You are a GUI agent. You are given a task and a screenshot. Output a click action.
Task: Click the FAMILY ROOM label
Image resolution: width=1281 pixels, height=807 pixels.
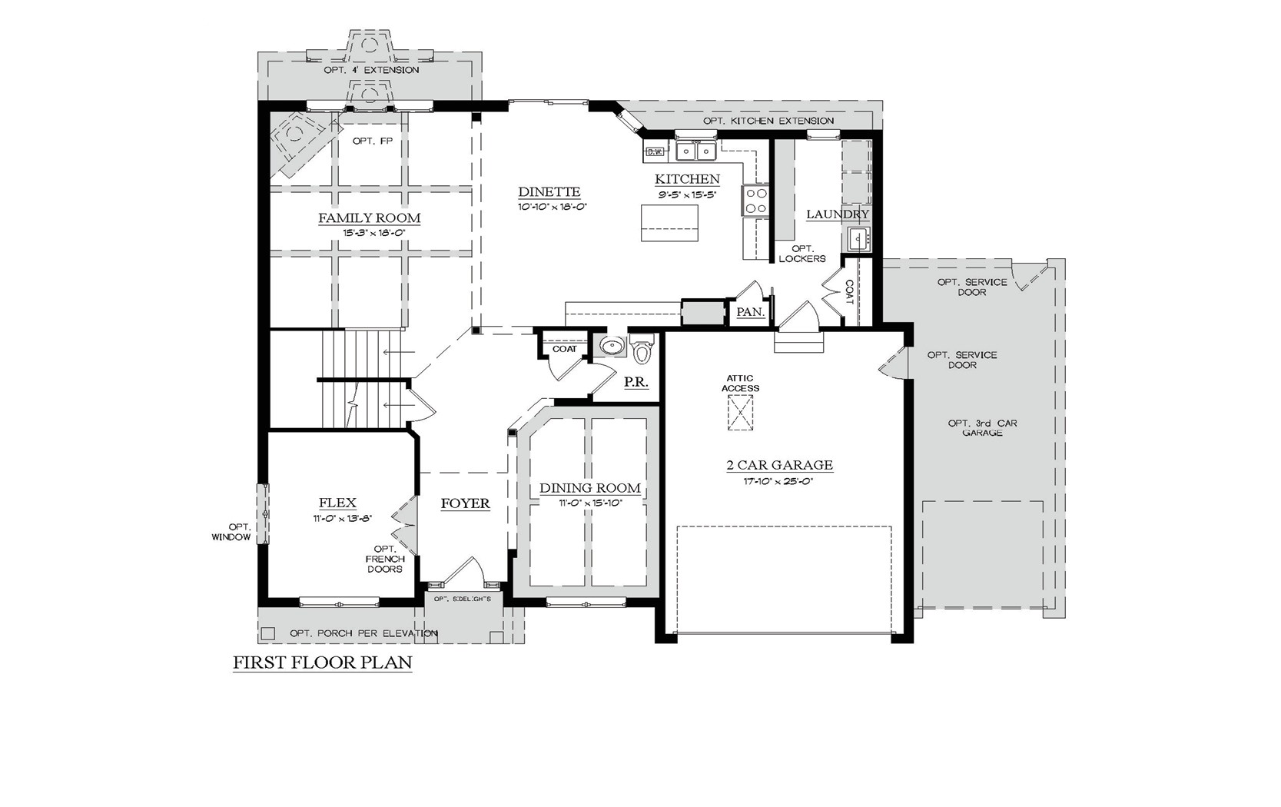[x=370, y=218]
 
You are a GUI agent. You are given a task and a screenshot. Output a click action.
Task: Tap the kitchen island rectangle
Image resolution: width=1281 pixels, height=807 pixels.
[x=669, y=223]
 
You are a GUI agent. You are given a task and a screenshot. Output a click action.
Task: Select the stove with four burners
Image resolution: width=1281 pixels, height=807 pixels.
[x=755, y=201]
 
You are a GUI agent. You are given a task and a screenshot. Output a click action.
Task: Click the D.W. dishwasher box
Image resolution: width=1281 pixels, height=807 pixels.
[x=655, y=152]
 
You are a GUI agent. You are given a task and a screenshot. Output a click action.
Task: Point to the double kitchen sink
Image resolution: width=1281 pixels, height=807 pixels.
[x=696, y=151]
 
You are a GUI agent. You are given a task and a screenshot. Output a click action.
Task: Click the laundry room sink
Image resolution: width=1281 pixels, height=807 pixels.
[x=858, y=239]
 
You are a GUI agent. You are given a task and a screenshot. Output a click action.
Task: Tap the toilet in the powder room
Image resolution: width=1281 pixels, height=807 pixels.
[x=642, y=350]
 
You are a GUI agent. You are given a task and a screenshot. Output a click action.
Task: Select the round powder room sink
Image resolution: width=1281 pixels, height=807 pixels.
[x=612, y=347]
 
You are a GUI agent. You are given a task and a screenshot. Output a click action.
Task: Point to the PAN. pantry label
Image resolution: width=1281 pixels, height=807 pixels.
[x=750, y=312]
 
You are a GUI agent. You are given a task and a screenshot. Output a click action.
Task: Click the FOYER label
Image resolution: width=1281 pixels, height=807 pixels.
[x=465, y=503]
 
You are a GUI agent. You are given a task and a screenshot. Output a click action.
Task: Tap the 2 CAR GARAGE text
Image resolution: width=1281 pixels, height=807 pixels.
[x=779, y=465]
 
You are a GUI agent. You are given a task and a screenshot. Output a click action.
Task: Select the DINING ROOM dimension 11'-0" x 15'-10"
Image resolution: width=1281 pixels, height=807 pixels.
[x=590, y=503]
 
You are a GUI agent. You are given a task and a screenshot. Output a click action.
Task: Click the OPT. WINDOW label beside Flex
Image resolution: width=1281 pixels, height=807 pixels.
[x=231, y=532]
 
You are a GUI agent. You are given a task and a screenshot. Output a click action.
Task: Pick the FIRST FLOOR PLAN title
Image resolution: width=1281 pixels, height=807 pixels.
[x=323, y=663]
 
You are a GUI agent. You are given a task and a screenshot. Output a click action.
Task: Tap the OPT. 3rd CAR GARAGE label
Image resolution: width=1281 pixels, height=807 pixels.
[x=983, y=428]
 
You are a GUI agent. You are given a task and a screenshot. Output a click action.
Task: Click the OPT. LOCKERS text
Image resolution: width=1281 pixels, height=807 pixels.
[x=801, y=254]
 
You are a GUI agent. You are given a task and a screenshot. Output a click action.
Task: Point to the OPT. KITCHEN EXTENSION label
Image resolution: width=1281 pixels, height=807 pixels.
[x=768, y=121]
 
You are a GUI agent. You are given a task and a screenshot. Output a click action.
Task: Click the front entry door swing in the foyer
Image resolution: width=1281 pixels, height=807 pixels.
[x=466, y=573]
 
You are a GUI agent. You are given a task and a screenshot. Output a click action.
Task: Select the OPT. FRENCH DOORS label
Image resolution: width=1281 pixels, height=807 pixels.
[x=385, y=559]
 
